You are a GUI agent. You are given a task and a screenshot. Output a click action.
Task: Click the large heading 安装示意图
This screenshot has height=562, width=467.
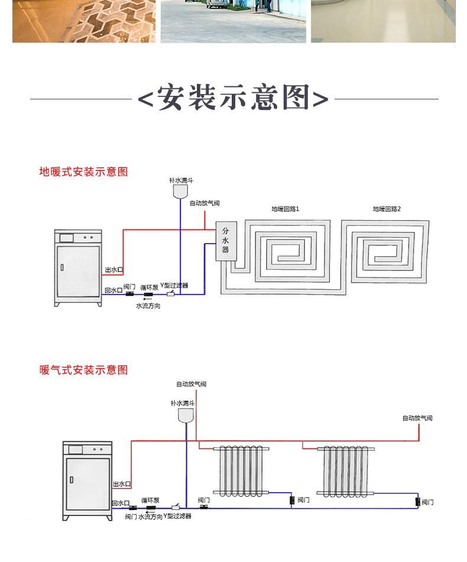click(x=233, y=98)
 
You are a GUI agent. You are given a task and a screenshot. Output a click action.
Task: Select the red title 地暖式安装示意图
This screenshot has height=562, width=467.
click(x=83, y=172)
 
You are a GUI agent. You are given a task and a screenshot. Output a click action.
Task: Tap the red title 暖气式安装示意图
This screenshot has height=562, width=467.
click(x=83, y=370)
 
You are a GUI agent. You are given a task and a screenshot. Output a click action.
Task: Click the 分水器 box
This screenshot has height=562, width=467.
click(x=225, y=241)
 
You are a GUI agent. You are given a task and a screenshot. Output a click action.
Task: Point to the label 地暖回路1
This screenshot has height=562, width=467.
click(x=286, y=209)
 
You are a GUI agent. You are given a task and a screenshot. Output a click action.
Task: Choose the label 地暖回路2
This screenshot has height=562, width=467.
click(x=387, y=209)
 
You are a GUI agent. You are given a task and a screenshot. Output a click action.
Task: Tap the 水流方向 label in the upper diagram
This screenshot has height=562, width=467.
click(x=148, y=306)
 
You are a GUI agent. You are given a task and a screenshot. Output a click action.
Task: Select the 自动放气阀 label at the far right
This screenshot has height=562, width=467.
click(x=417, y=418)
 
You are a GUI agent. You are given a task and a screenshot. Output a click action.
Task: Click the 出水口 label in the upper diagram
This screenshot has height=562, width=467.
click(x=113, y=270)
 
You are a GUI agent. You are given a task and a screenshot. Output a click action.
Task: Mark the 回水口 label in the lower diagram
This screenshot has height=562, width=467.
click(x=120, y=503)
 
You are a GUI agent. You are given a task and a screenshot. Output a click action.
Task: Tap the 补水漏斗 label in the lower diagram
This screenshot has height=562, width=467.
click(x=182, y=403)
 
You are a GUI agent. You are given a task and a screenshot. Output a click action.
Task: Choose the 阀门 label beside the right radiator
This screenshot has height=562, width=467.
click(x=427, y=502)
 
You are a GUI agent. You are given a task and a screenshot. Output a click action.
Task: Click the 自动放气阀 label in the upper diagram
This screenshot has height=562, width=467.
click(x=205, y=204)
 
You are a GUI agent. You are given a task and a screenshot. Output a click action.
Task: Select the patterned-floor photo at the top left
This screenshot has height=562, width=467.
click(x=83, y=21)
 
